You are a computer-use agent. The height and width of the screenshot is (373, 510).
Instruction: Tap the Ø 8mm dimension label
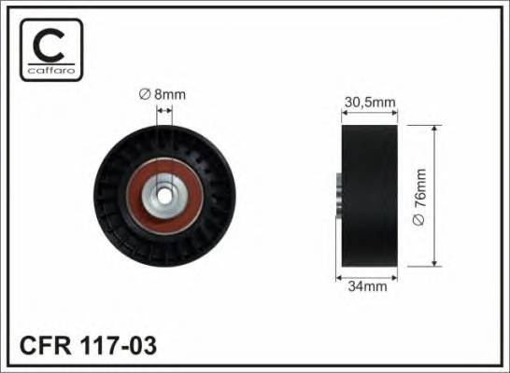[x=163, y=93]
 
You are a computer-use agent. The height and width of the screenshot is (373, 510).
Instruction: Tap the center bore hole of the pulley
[x=164, y=197]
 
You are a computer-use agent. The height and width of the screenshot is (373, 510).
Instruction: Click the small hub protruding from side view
[x=334, y=197]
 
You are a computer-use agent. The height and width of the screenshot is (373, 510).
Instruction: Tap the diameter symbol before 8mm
[x=145, y=93]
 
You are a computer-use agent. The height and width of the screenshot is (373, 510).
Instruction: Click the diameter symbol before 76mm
[x=419, y=219]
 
